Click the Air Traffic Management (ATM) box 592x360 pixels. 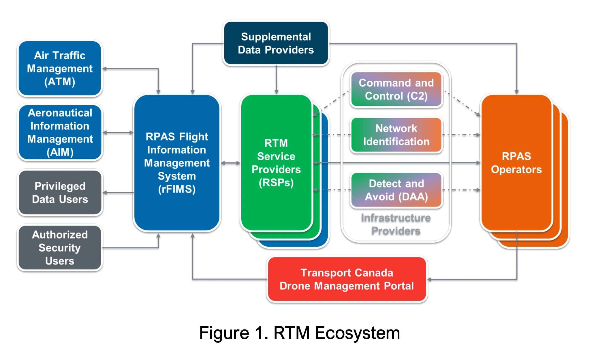[60, 68]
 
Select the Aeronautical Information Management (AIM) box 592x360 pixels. [60, 132]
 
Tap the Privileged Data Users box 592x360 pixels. [60, 192]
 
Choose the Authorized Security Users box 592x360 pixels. [60, 247]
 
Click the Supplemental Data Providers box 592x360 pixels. [276, 43]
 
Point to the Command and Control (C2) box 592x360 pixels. [396, 89]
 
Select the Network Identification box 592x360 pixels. [396, 135]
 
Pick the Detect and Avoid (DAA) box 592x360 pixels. [396, 190]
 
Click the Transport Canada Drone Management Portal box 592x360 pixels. [347, 279]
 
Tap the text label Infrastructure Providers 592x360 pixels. [396, 224]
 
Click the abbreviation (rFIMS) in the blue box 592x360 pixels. [177, 189]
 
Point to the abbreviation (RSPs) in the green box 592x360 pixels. [276, 183]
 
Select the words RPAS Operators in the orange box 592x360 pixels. [516, 163]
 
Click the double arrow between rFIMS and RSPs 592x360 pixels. [230, 163]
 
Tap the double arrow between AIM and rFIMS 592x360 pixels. [118, 132]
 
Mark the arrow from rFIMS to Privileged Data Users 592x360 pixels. [118, 192]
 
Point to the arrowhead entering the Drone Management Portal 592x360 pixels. [429, 279]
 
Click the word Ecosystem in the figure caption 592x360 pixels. [357, 333]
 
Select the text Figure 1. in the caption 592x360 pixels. [234, 333]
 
